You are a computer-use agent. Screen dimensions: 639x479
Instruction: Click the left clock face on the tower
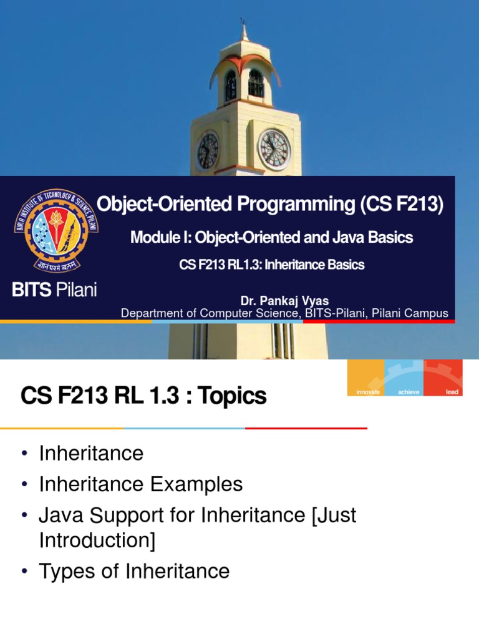coord(208,151)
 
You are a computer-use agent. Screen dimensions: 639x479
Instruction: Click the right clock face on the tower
coord(274,150)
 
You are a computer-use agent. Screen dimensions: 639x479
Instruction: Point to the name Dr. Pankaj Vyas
coord(284,301)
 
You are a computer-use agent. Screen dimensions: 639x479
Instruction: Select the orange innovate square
coord(366,378)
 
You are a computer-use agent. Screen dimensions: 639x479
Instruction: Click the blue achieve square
coord(404,378)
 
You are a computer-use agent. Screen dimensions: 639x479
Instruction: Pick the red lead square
coord(443,378)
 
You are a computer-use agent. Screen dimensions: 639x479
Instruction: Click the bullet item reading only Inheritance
coord(91,453)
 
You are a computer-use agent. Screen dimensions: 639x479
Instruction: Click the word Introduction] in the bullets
coord(97,540)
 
